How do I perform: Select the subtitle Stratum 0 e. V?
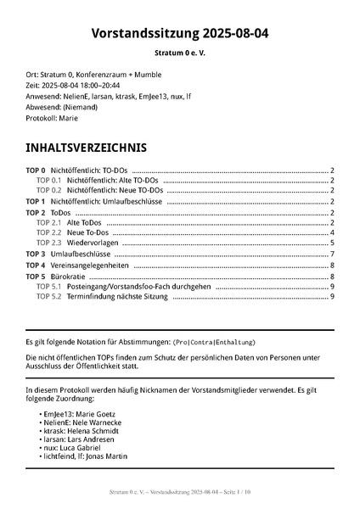coord(180,53)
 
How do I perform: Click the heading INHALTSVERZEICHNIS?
coord(87,148)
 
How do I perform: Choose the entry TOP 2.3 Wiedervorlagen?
coord(84,243)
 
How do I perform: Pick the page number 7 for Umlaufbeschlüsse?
coord(333,254)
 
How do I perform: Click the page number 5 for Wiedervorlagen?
coord(333,243)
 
